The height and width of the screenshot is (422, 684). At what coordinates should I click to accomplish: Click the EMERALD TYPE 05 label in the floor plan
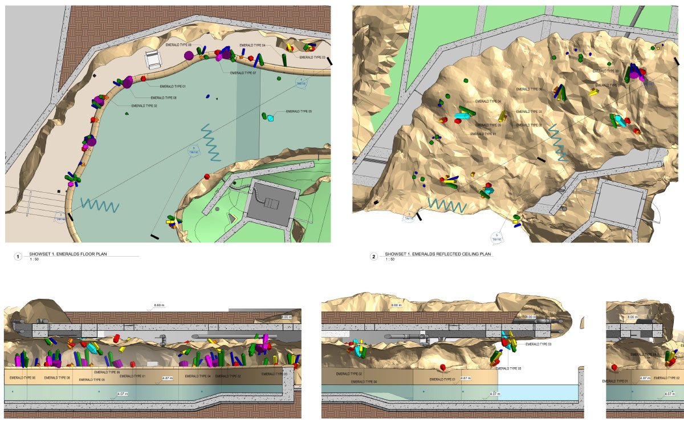coord(299,111)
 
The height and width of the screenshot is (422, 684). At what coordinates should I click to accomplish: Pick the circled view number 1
coord(18,257)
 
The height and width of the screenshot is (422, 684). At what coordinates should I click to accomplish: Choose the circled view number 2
coord(374,257)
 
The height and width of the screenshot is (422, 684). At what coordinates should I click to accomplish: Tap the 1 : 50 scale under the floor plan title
coord(35,259)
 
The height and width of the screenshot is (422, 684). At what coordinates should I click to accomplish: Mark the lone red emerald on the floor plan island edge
coord(207,176)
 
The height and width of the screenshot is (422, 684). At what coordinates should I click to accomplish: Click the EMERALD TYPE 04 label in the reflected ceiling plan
coord(488,102)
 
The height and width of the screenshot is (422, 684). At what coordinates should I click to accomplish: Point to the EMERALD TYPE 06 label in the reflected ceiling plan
coord(529,90)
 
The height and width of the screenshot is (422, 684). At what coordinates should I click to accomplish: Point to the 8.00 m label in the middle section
coord(531,316)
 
